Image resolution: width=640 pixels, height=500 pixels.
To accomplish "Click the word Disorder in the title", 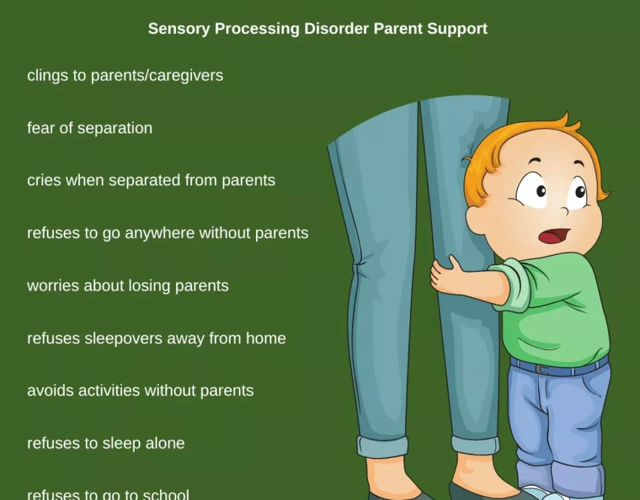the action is pyautogui.click(x=337, y=29).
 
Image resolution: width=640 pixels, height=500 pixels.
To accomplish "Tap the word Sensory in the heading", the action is pyautogui.click(x=179, y=29).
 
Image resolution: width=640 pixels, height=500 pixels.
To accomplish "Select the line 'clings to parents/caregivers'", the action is pyautogui.click(x=125, y=75).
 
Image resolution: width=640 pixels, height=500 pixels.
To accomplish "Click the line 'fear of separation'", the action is pyautogui.click(x=90, y=128).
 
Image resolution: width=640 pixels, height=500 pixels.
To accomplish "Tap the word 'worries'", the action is pyautogui.click(x=53, y=286).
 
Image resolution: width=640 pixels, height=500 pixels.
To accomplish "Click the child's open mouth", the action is pyautogui.click(x=553, y=236).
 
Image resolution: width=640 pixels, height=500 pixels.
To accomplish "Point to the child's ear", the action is pyautogui.click(x=475, y=219).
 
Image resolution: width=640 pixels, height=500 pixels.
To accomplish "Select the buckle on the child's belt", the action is pyautogui.click(x=541, y=369).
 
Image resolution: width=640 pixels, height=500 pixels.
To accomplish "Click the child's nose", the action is pyautogui.click(x=564, y=212).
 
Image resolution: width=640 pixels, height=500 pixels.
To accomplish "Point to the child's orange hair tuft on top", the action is pyautogui.click(x=565, y=121).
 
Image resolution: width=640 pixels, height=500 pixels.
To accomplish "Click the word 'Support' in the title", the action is pyautogui.click(x=457, y=29).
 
